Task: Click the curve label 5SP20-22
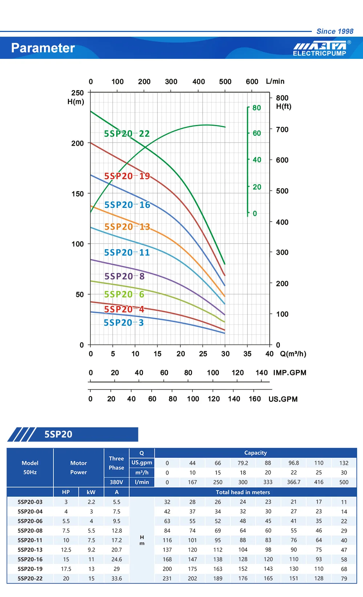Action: point(127,134)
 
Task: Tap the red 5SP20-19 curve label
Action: point(127,176)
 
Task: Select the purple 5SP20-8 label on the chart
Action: point(125,277)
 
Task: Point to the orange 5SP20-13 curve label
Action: point(127,227)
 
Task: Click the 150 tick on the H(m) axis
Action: point(78,194)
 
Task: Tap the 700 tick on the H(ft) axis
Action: point(282,130)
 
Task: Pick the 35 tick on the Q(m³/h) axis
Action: point(247,354)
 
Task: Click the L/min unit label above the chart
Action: point(275,81)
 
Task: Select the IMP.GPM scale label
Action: point(290,373)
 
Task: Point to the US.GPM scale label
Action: point(283,399)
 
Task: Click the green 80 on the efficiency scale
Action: point(257,108)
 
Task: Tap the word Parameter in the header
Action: point(43,48)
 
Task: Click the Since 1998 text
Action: point(335,32)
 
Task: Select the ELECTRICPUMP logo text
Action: point(319,53)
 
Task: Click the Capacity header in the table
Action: point(256,453)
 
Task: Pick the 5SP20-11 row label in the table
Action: point(30,540)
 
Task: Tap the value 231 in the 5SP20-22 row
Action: point(167,578)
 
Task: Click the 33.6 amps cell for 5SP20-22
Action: point(117,578)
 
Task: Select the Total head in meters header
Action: point(243,492)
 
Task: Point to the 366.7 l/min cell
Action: point(294,482)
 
